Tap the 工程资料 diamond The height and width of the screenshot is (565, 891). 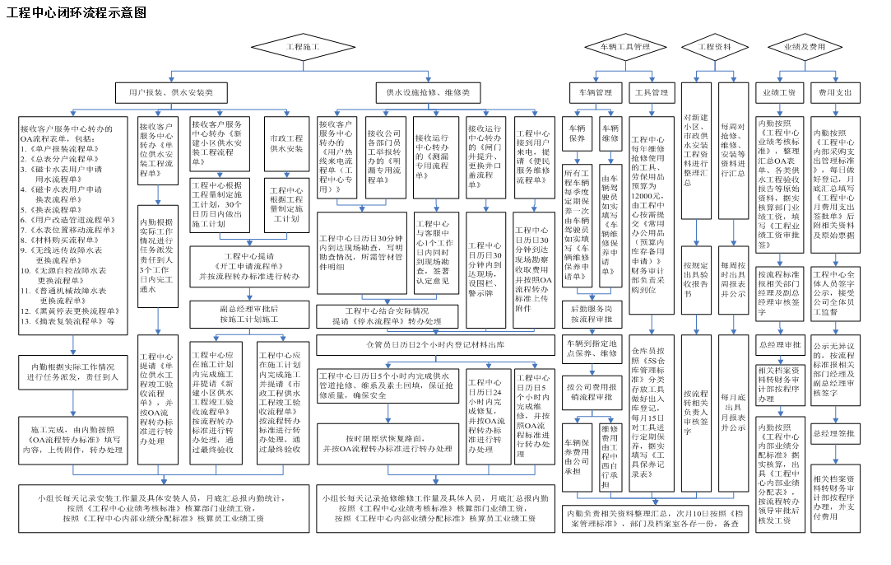coord(715,47)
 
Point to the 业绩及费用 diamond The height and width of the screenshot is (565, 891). coord(805,47)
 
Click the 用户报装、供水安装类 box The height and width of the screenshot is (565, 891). coord(165,93)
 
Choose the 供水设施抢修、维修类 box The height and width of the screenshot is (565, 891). coord(428,93)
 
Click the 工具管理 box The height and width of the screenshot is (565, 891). coord(652,93)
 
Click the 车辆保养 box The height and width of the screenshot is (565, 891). coord(577,133)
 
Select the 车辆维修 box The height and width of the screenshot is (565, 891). coord(610,133)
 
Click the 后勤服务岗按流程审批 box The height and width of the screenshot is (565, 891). coord(592,314)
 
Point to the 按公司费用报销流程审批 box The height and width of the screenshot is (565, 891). coord(592,390)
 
